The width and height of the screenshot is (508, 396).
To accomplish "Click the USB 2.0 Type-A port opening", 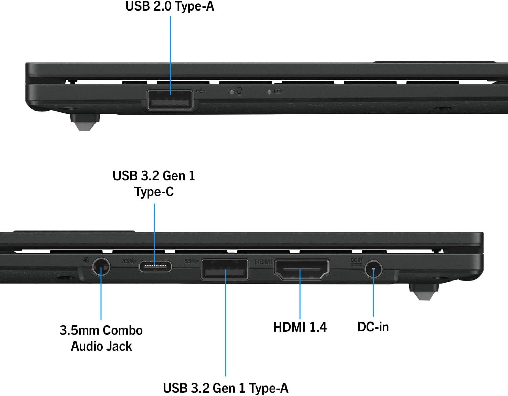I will click(x=170, y=100).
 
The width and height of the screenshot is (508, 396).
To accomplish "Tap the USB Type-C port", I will click(x=155, y=267).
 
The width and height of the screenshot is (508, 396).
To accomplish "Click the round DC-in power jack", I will click(x=373, y=270).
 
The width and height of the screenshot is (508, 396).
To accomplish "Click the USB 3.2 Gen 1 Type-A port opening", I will click(x=225, y=269).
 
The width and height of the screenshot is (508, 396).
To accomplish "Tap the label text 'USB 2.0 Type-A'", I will click(x=170, y=6).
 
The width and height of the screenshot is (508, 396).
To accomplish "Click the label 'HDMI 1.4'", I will click(x=300, y=327).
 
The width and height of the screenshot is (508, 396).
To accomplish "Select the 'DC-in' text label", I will click(x=373, y=327).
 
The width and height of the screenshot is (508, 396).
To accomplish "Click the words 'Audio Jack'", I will click(x=101, y=346).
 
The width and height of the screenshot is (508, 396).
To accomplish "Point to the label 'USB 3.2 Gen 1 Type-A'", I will click(x=226, y=388).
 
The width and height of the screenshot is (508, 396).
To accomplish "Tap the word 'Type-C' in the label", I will click(x=154, y=192).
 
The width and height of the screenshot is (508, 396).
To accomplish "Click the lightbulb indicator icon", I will click(x=239, y=91).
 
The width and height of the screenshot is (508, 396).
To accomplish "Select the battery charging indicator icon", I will click(x=278, y=91).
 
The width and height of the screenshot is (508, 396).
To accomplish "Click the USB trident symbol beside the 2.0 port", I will click(x=200, y=91).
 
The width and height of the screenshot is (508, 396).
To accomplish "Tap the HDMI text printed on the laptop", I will click(x=263, y=262).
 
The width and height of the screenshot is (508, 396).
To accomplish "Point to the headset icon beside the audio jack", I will click(x=86, y=260).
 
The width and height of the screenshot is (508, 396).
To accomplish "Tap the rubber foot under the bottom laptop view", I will click(x=424, y=292).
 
